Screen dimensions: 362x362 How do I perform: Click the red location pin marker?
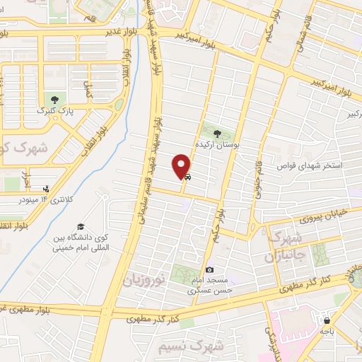[181, 165]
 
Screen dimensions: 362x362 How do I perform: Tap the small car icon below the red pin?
[187, 179]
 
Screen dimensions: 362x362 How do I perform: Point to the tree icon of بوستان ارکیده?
[217, 132]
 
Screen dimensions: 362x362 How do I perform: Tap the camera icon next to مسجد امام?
[209, 269]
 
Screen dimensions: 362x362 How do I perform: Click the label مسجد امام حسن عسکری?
[209, 285]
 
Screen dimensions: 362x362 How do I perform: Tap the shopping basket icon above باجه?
[326, 319]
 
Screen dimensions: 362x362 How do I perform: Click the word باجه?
[326, 330]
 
